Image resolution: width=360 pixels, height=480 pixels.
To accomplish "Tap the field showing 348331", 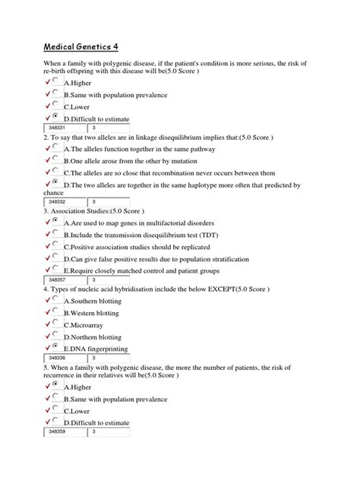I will pyautogui.click(x=66, y=128).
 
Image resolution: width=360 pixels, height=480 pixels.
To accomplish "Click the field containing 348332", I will pyautogui.click(x=66, y=201).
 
